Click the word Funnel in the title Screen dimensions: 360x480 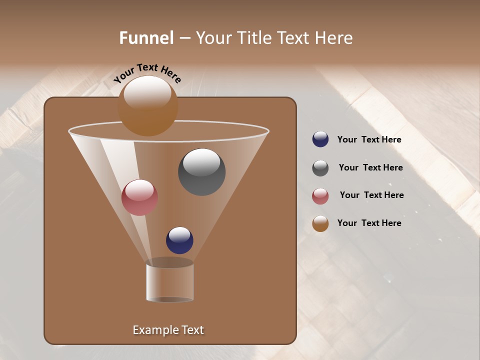click(146, 38)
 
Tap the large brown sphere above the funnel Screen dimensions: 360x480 click(147, 106)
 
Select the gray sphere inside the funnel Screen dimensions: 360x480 click(201, 172)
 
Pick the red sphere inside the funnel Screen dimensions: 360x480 click(139, 197)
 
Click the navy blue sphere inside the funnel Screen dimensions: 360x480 click(179, 240)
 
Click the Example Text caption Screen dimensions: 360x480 click(168, 330)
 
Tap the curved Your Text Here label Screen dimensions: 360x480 click(147, 73)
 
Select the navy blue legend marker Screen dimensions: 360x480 click(320, 139)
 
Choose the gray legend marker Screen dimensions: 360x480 click(320, 168)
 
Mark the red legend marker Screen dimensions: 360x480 click(320, 196)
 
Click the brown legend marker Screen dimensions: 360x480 click(320, 223)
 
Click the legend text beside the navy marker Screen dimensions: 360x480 click(369, 140)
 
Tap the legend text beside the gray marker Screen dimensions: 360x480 click(370, 168)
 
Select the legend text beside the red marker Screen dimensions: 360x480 click(371, 195)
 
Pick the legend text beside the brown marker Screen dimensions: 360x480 click(369, 223)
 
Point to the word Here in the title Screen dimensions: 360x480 click(333, 38)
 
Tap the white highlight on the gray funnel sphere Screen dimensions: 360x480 click(201, 161)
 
